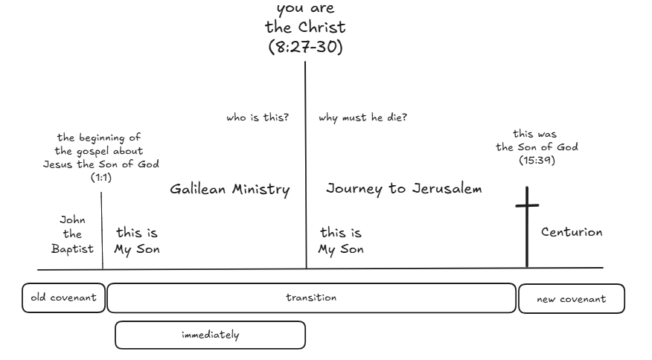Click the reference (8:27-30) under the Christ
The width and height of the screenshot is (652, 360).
(x=305, y=48)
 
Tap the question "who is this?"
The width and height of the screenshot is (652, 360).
(x=258, y=118)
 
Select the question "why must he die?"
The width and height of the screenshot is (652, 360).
(x=362, y=118)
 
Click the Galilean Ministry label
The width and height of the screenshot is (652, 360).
(x=229, y=190)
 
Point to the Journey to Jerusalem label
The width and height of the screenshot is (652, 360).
(x=403, y=189)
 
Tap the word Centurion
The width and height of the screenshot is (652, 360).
(x=571, y=233)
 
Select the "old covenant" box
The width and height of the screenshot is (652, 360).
(x=63, y=298)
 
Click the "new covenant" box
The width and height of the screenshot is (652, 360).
(x=571, y=299)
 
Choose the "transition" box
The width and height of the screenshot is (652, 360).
(x=311, y=298)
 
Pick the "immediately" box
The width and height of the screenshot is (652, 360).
(x=210, y=335)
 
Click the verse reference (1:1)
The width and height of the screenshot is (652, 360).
(x=101, y=177)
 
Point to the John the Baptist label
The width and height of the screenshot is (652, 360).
(x=71, y=234)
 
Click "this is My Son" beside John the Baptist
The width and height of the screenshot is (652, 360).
(x=136, y=241)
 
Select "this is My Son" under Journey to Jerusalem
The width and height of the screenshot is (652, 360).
(x=341, y=241)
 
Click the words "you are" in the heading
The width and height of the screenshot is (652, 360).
(x=305, y=10)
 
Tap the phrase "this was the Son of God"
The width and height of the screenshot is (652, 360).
(x=537, y=141)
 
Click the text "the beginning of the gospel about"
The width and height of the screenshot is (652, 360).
(x=100, y=144)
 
